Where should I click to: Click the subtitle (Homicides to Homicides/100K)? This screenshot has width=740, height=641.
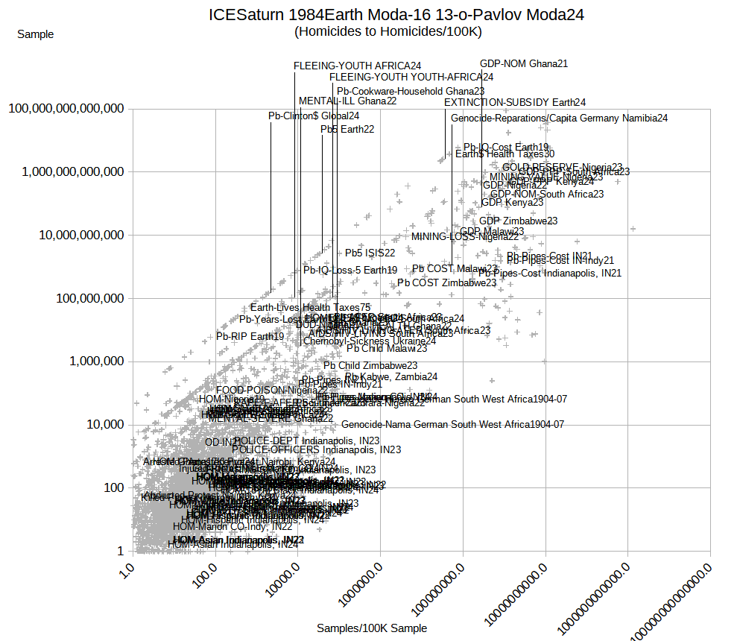coord(388,31)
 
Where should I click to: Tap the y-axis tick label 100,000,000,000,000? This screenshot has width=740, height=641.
coord(66,109)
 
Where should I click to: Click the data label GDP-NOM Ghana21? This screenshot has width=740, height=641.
coord(524,64)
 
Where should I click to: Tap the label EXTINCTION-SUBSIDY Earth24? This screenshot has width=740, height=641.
coord(515,102)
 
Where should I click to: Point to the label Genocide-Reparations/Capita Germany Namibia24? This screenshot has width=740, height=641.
coord(559,118)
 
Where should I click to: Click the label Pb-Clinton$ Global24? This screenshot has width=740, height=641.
coord(314,116)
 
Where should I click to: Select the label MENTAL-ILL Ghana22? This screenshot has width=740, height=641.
coord(347,101)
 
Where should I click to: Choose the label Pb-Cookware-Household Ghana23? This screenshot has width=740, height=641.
coord(411,91)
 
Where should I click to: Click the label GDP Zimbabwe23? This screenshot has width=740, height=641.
coord(519,221)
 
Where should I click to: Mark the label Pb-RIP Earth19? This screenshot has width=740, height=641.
coord(250,336)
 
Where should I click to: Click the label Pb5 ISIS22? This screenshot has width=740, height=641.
coord(370,253)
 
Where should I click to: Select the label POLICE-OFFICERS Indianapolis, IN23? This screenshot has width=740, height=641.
coord(317,449)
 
